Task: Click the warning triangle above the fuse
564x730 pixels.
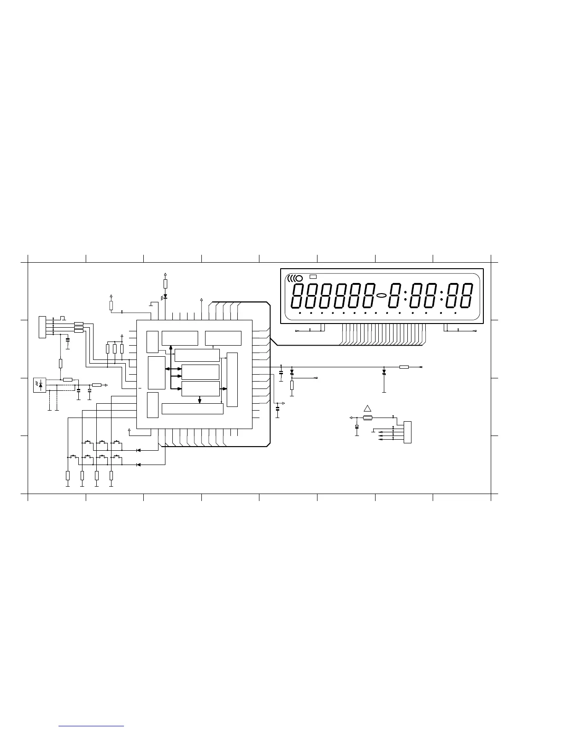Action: (367, 408)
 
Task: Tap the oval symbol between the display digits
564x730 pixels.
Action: (382, 295)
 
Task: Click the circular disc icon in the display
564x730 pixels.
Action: (299, 278)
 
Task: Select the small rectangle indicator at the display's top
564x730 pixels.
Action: (313, 277)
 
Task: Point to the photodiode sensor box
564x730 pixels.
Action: (40, 384)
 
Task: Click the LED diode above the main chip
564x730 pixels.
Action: (165, 296)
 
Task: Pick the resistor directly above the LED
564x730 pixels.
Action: (165, 283)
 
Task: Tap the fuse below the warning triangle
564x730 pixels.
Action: (368, 418)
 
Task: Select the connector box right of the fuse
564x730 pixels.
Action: (407, 432)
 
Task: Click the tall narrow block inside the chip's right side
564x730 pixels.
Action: (233, 380)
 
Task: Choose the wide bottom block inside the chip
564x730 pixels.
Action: (193, 409)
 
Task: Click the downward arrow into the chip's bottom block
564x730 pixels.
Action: (200, 400)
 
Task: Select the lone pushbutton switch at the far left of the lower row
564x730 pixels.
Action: (73, 457)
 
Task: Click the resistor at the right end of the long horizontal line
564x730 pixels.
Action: (404, 367)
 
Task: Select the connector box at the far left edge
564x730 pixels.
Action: (42, 327)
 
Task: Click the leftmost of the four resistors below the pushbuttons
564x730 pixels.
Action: (68, 476)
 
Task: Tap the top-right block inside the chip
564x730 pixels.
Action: (223, 338)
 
